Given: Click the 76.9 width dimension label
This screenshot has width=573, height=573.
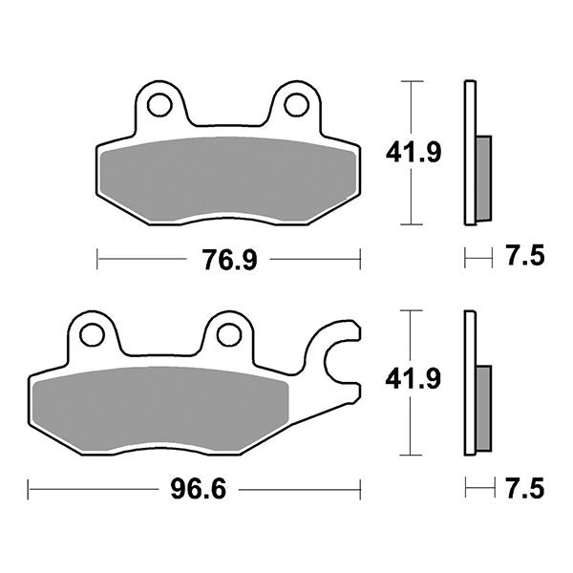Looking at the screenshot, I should pos(229,259).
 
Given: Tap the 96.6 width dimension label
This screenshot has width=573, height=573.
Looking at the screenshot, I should pos(189,490).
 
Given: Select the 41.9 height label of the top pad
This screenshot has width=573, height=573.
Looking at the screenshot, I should pos(413,152).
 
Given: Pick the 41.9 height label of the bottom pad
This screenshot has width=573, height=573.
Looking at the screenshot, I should pos(413,381).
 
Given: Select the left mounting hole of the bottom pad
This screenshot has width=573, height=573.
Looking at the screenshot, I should pos(92,334).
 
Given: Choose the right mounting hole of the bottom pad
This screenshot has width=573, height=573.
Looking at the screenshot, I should pos(228,334).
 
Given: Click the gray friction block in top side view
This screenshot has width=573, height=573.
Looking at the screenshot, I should pos(483,177).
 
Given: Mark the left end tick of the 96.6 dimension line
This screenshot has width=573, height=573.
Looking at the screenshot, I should pos(29,490).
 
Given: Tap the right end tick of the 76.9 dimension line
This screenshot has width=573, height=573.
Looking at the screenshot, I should pos(359,259).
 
